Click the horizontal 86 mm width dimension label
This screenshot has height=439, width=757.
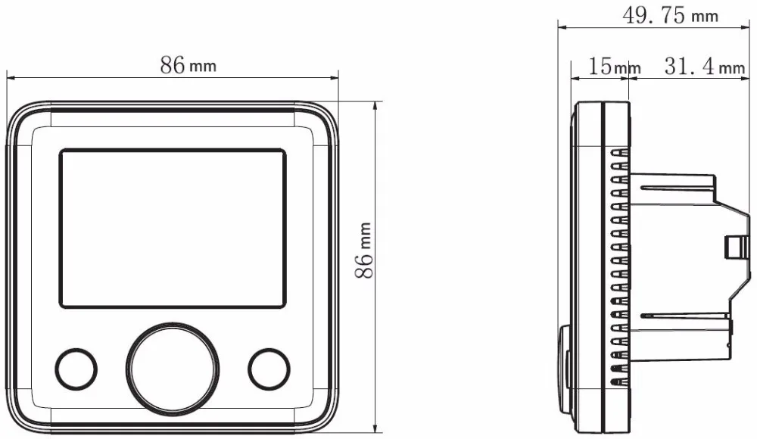pos(188,65)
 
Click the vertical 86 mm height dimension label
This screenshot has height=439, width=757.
pos(364,251)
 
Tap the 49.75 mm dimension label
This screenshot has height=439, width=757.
pos(670,15)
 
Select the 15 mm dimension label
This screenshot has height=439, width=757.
pos(614,66)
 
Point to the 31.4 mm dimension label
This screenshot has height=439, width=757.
pos(704,66)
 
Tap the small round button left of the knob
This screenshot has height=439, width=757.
pos(76,369)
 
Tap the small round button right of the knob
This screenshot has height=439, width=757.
pos(269,369)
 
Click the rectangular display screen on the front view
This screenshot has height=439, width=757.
pos(173,229)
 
